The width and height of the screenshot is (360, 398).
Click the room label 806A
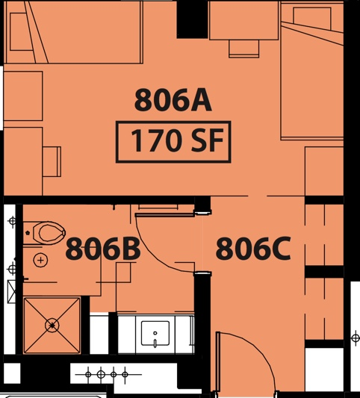(x=173, y=100)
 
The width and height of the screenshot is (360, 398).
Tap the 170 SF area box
(x=173, y=142)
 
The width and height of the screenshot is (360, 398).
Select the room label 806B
(x=103, y=248)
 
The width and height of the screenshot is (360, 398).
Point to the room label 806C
(x=253, y=248)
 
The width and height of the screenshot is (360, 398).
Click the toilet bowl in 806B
(x=49, y=232)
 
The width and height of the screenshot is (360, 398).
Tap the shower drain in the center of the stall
(x=52, y=325)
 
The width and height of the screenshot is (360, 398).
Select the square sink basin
(x=155, y=333)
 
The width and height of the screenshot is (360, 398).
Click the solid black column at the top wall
(x=192, y=19)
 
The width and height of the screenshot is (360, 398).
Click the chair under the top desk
(x=243, y=49)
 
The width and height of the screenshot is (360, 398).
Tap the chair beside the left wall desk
(x=52, y=161)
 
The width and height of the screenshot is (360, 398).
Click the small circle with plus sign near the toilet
(x=40, y=260)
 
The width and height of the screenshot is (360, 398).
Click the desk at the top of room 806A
(x=243, y=20)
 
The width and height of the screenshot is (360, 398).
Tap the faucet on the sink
(x=155, y=341)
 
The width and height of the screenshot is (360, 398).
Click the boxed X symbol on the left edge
(x=11, y=291)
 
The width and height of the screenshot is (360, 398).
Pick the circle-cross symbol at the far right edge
(x=356, y=338)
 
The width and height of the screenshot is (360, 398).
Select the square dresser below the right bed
(x=324, y=171)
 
